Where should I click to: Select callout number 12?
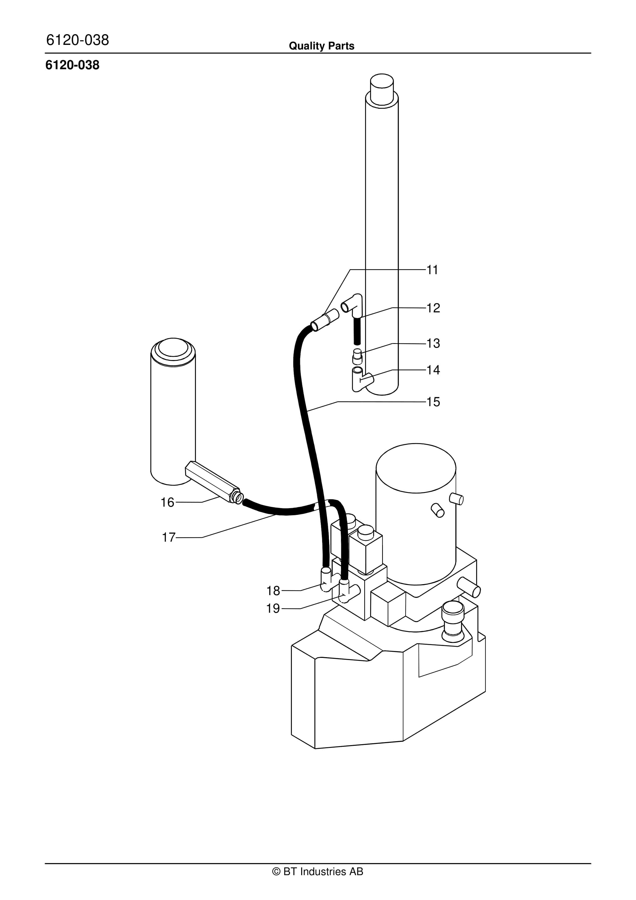tap(433, 308)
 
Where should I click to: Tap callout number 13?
tap(433, 343)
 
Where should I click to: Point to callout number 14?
tap(433, 370)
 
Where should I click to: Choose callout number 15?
tap(433, 402)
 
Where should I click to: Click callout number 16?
tap(168, 503)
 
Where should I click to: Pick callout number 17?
tap(169, 537)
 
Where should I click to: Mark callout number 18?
tap(273, 591)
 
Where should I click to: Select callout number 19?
tap(273, 609)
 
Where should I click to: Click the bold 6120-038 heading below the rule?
tap(72, 65)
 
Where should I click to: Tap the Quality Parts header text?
tap(321, 46)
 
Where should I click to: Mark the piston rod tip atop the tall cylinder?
tap(382, 89)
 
